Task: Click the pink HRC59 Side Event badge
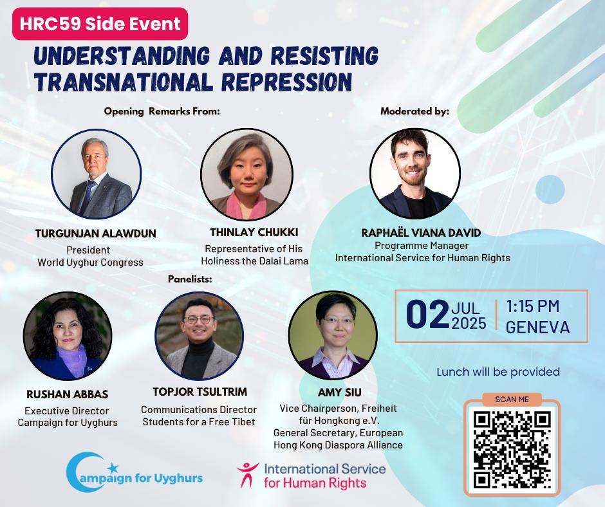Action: [x=100, y=24]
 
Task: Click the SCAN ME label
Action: [x=512, y=400]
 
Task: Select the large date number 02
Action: [x=427, y=315]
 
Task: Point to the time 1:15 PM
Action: [x=532, y=306]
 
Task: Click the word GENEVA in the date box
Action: [x=537, y=327]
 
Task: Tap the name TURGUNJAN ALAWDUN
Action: [x=96, y=234]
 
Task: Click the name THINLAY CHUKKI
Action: [x=254, y=232]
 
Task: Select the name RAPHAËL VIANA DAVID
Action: [x=421, y=233]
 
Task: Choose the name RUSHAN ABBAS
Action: [x=67, y=394]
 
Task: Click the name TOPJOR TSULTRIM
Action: [x=200, y=392]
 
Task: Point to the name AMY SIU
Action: [x=340, y=392]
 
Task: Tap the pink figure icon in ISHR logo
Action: [x=247, y=474]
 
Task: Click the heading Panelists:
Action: [x=190, y=279]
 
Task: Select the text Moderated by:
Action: [x=414, y=111]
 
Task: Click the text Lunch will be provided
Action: [x=498, y=372]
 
